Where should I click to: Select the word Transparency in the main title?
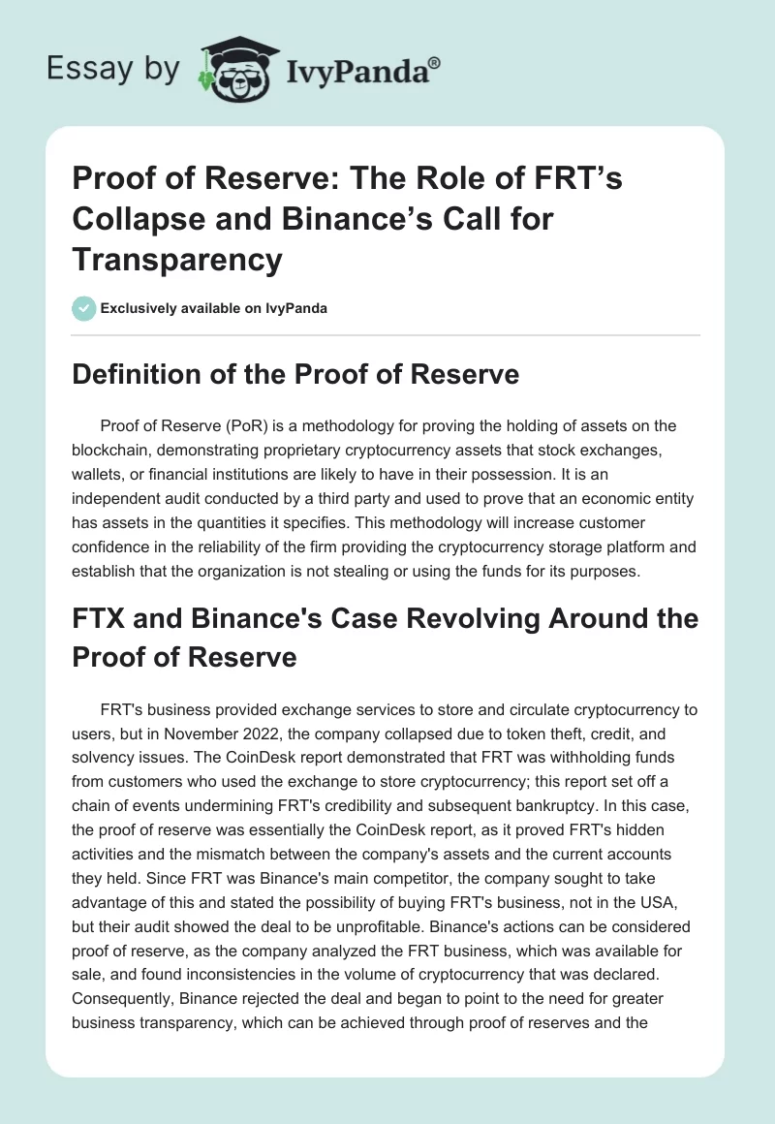pyautogui.click(x=177, y=260)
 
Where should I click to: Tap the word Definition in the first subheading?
pyautogui.click(x=130, y=374)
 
